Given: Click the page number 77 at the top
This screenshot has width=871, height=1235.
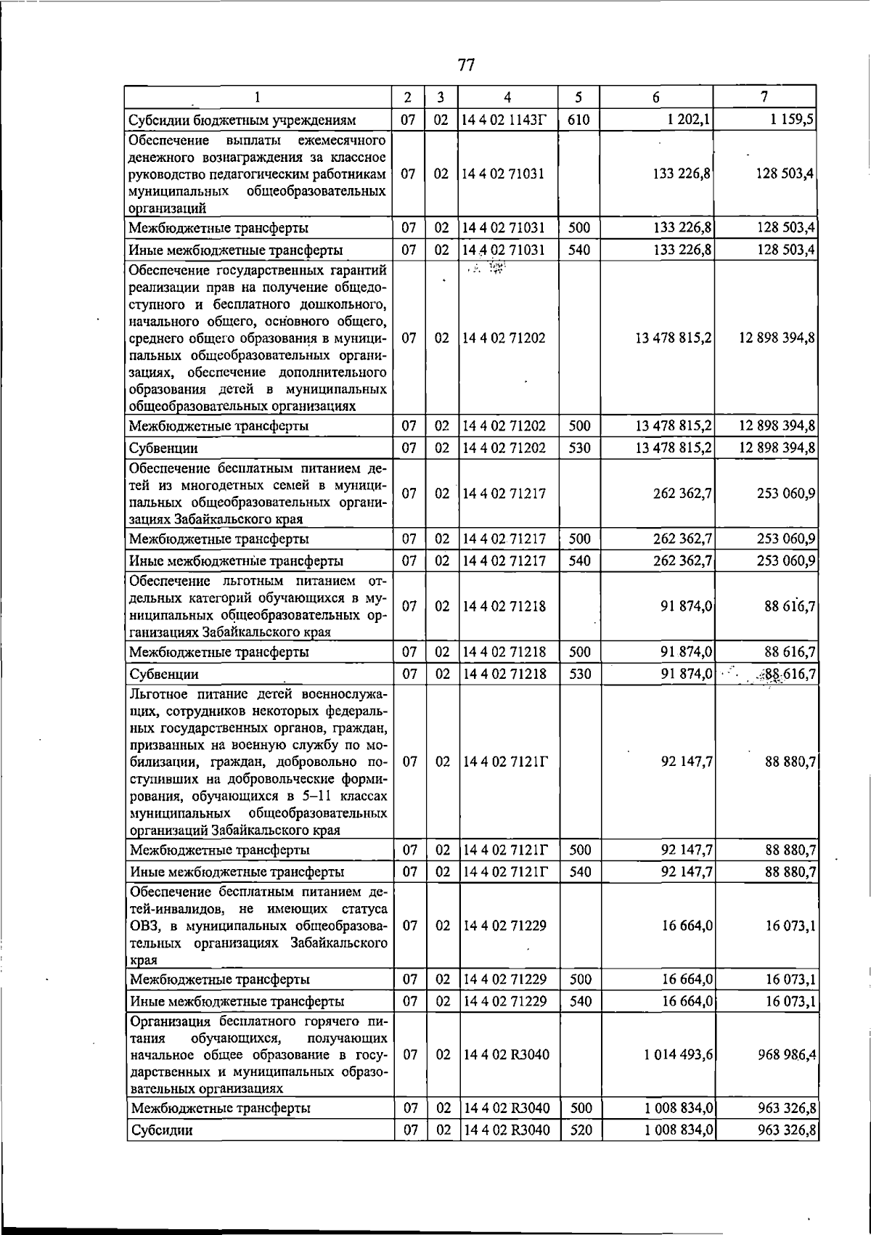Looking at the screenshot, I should tap(466, 65).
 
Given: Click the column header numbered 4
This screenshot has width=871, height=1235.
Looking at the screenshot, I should tap(507, 97).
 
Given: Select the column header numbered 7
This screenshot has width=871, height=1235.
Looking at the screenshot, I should tap(764, 97).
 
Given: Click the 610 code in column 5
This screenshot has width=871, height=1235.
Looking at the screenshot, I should tap(578, 120).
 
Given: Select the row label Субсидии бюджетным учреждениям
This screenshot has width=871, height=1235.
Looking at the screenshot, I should tap(242, 121).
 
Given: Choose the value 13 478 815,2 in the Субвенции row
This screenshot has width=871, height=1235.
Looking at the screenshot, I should tap(673, 448).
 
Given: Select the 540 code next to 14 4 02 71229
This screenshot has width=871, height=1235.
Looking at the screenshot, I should tap(580, 1001).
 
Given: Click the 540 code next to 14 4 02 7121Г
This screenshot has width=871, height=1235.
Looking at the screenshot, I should tap(580, 871).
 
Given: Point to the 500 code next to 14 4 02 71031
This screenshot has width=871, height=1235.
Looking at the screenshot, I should tap(578, 228).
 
